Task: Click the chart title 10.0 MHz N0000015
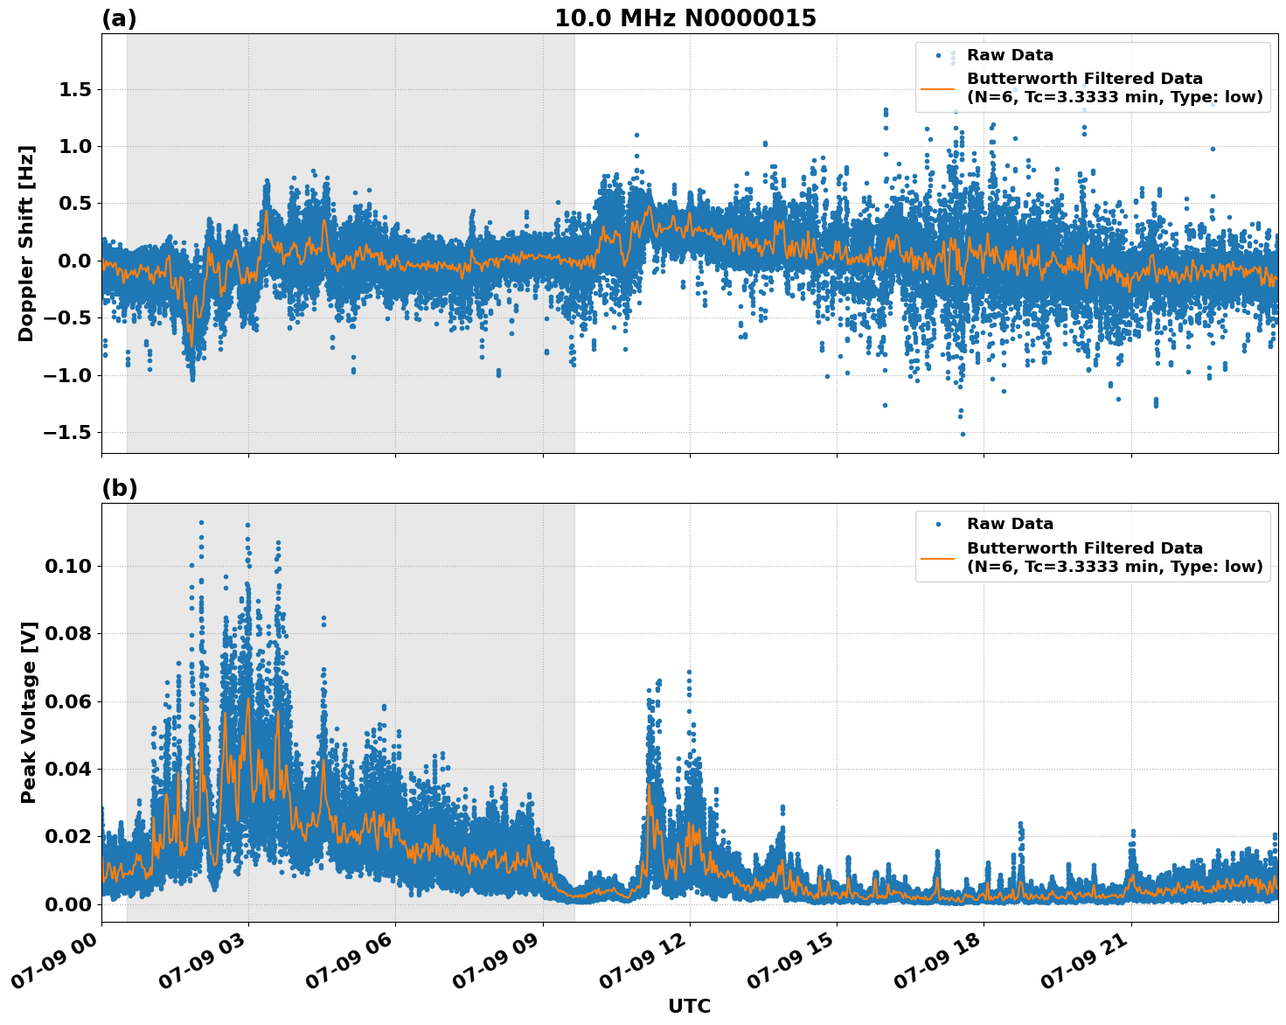(x=685, y=18)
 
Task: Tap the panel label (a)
(x=119, y=18)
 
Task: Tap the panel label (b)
(x=119, y=488)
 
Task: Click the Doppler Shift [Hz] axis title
(x=27, y=243)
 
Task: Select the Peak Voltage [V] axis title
(x=29, y=712)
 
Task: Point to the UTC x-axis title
(x=689, y=1006)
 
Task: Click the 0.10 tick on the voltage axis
(x=68, y=566)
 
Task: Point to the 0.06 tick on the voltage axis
(x=68, y=701)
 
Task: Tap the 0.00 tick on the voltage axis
(x=68, y=904)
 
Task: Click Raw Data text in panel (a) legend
(x=1010, y=55)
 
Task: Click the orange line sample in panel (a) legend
(x=938, y=88)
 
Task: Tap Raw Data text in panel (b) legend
(x=1010, y=524)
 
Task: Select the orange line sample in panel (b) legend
(x=938, y=557)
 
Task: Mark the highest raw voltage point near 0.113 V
(x=201, y=522)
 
